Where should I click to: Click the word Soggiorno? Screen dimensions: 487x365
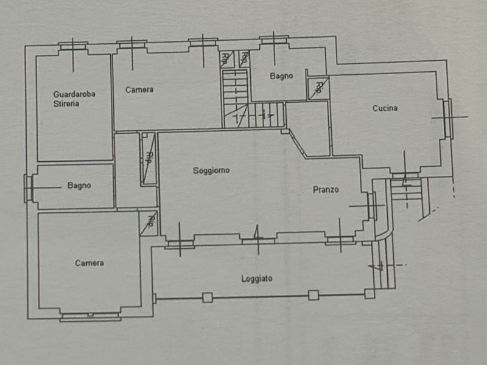(211, 170)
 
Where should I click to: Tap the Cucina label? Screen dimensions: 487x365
(385, 108)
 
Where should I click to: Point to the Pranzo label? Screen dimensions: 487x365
(326, 190)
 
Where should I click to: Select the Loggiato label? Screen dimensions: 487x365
(257, 279)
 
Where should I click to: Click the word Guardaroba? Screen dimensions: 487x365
(74, 94)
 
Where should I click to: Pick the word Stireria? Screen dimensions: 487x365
(66, 103)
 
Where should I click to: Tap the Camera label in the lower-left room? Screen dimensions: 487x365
(89, 263)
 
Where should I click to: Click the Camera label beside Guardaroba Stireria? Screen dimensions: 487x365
(139, 89)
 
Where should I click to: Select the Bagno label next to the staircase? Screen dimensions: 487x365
(281, 76)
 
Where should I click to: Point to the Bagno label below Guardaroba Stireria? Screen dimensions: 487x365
(79, 186)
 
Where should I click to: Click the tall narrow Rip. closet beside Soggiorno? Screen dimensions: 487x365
(149, 159)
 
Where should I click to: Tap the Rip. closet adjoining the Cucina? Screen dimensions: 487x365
(318, 89)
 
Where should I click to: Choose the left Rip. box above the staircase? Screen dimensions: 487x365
(227, 59)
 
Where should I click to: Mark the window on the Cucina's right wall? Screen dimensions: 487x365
(448, 118)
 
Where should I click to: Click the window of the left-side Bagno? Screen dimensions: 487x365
(29, 188)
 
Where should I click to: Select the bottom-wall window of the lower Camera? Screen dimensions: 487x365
(90, 316)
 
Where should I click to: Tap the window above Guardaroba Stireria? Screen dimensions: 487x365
(73, 46)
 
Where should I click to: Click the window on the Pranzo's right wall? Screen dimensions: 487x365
(371, 206)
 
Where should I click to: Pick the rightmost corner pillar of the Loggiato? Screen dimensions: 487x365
(370, 294)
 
